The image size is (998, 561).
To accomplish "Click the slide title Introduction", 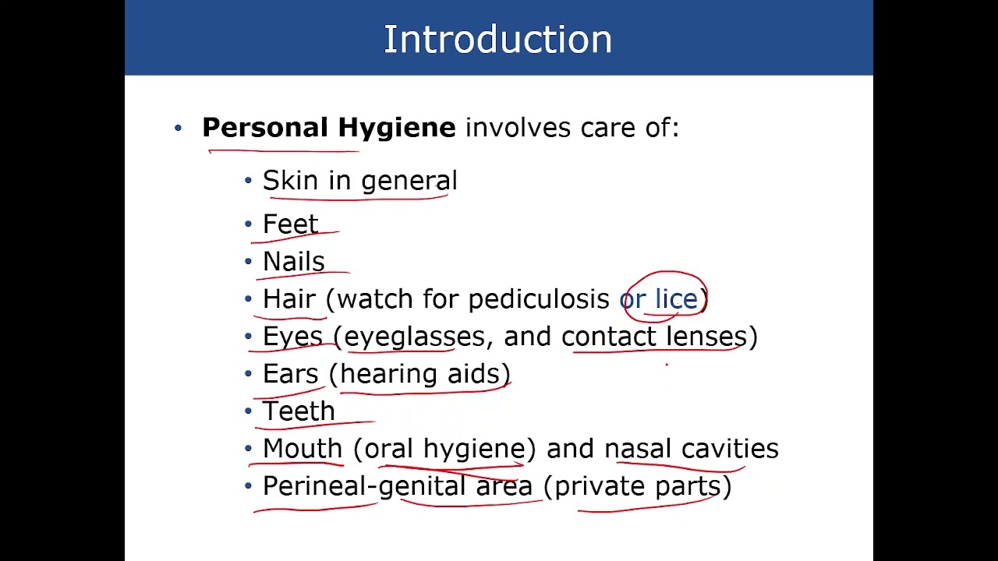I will click(x=497, y=40).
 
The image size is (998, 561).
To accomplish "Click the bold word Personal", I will click(x=265, y=128).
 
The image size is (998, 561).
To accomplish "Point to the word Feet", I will click(x=290, y=224).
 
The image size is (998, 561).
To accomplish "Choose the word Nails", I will click(x=293, y=262).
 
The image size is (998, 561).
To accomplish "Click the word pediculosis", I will click(x=539, y=299).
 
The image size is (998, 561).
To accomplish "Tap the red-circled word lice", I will click(x=675, y=299).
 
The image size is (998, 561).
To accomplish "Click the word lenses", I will click(x=706, y=337).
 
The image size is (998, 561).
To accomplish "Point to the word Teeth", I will click(x=299, y=411).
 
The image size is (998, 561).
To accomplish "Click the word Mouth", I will click(x=303, y=449).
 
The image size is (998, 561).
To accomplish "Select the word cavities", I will click(x=730, y=449).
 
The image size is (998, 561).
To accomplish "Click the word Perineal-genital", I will click(x=364, y=487).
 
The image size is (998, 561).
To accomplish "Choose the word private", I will click(x=600, y=487).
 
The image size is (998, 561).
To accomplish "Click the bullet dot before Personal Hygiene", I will click(x=179, y=129).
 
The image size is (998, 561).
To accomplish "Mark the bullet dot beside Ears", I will click(x=249, y=375).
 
